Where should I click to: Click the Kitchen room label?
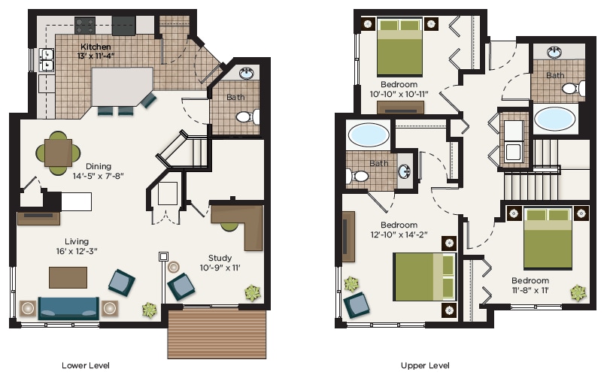coord(96,47)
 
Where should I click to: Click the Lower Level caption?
coord(86,365)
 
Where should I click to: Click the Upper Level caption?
coord(425,365)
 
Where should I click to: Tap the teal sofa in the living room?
coord(68,308)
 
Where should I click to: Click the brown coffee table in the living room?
coord(68,277)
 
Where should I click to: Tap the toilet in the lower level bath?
coord(246,116)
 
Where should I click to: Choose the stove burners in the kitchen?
coord(85,25)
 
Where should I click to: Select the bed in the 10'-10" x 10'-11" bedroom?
coord(399,47)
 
